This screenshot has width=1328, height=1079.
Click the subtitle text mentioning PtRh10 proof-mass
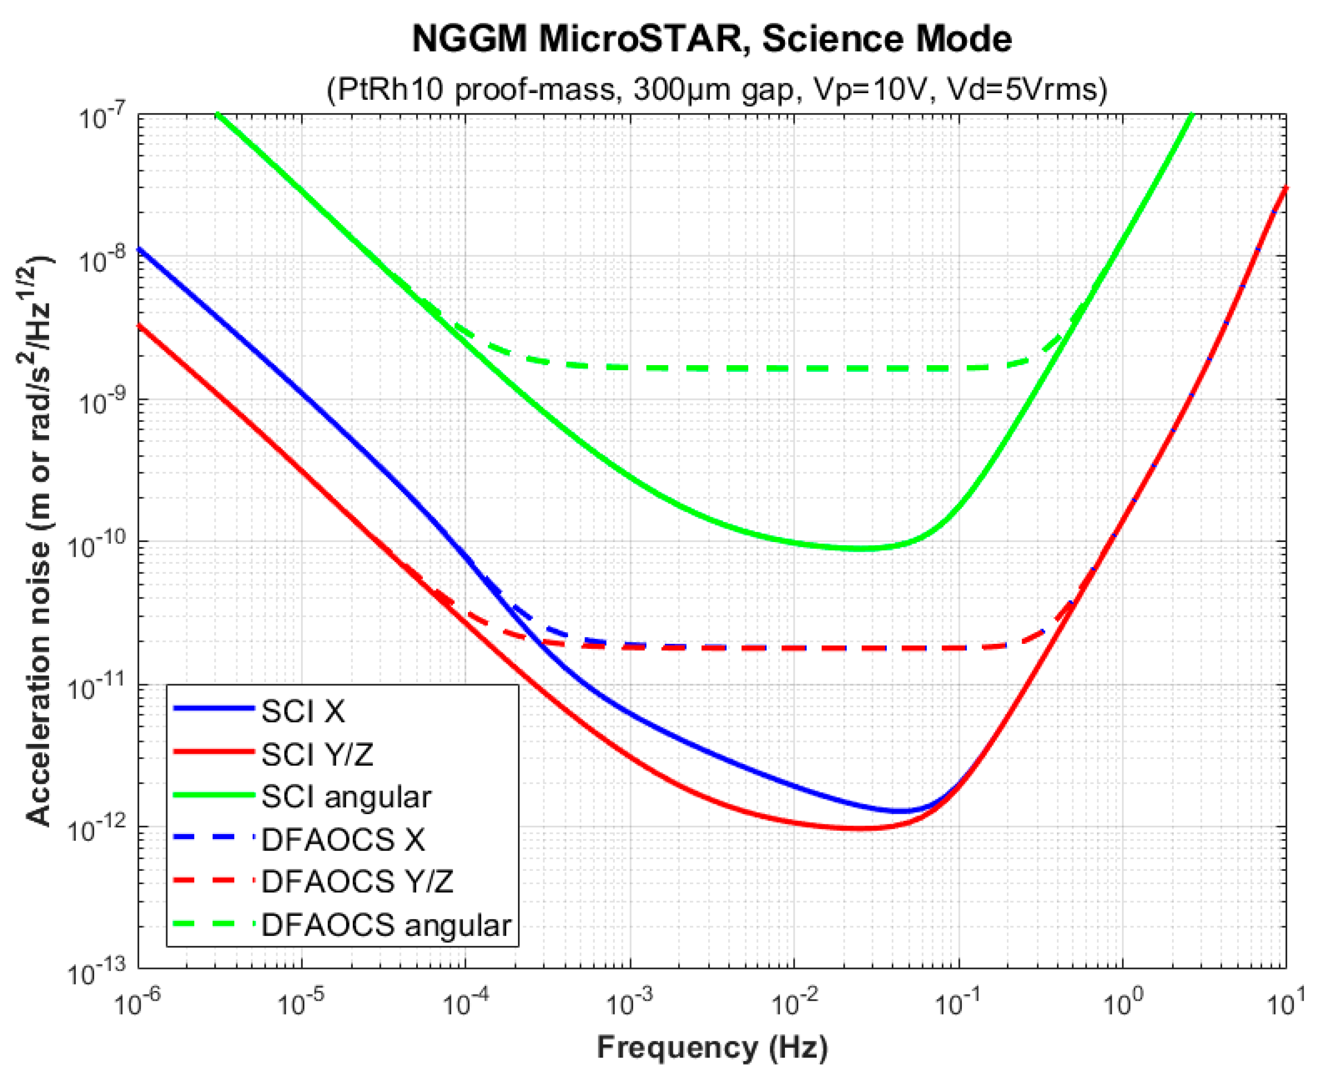tap(716, 90)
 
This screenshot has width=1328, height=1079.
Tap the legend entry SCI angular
tap(346, 797)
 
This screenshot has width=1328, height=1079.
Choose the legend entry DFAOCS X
tap(343, 840)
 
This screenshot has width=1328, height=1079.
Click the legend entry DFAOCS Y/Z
tap(357, 883)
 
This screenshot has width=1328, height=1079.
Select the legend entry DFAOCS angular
tap(385, 926)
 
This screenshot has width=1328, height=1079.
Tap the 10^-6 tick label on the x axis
tap(138, 1004)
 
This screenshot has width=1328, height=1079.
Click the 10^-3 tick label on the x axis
tap(629, 1004)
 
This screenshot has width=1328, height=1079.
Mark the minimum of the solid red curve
tap(861, 828)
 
